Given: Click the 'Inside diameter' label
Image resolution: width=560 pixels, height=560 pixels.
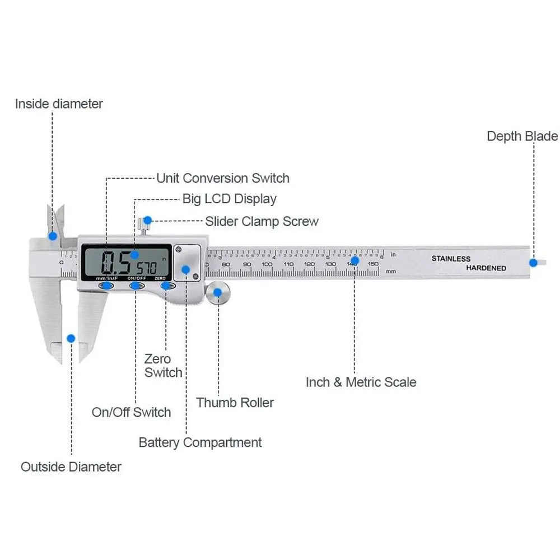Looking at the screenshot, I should tap(59, 104).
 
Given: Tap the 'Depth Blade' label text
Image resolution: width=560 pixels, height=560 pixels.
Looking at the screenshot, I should tap(522, 136).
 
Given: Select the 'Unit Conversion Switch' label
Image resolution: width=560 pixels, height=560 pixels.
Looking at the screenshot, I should tap(222, 179).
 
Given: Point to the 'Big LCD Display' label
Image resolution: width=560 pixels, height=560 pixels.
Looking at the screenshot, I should tap(229, 199).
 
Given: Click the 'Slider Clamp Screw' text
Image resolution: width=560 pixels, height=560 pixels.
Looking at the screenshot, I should tap(262, 221).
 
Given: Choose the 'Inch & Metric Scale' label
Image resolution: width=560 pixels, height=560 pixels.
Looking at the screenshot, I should tap(361, 382).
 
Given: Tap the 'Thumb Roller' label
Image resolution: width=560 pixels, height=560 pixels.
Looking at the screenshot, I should tap(235, 403).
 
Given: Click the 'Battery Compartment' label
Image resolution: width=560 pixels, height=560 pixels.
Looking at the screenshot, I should tap(200, 442).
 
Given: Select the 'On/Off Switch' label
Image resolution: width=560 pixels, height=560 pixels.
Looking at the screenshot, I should tap(131, 413).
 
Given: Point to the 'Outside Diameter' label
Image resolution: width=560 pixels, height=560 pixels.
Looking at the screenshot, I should tap(71, 466).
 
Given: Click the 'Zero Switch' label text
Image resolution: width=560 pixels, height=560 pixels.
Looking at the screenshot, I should tap(163, 366).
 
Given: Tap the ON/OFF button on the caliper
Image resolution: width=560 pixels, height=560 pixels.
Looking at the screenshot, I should tap(136, 286).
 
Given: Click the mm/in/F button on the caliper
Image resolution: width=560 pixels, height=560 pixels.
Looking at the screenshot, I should tap(106, 286).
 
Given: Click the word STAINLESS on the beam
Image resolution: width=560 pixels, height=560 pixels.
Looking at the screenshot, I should tap(451, 259).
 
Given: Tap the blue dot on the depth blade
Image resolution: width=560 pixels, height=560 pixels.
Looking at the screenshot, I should tap(533, 262).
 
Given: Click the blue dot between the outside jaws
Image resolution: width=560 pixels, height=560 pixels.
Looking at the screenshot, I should tap(71, 338).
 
